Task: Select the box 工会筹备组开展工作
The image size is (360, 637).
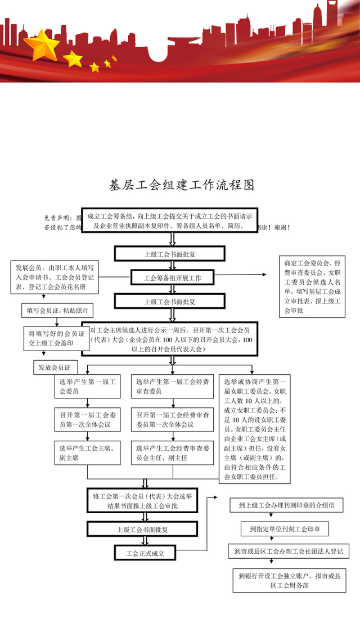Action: click(169, 277)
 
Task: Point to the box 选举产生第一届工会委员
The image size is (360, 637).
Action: click(87, 386)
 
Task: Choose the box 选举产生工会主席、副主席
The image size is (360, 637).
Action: click(87, 454)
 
